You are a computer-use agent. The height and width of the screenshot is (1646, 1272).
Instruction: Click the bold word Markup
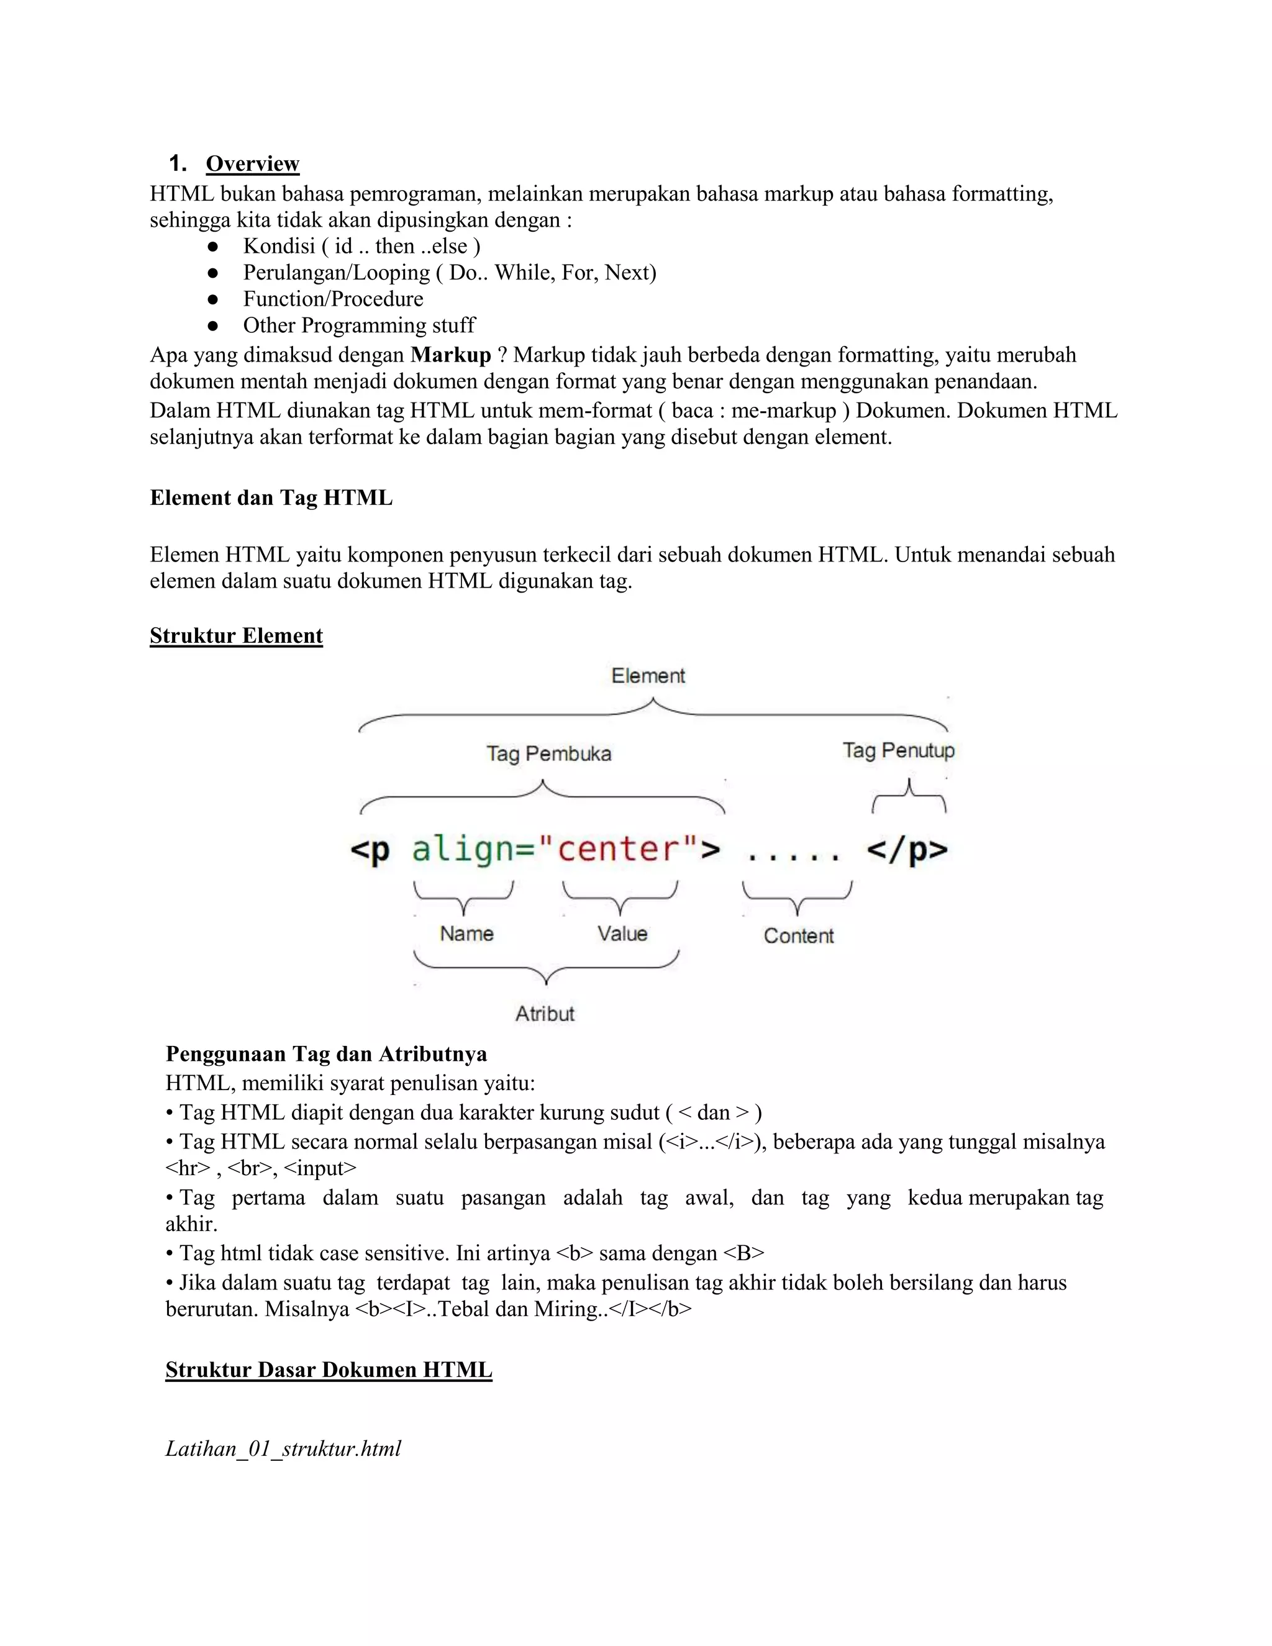tap(451, 355)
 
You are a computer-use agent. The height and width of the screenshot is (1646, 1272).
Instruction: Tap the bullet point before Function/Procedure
tap(212, 299)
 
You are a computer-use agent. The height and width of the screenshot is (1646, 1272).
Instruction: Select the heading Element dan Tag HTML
tap(271, 498)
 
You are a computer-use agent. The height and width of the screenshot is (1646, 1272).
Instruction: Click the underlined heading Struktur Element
tap(236, 636)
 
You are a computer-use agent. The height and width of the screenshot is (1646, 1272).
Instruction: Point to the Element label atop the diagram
tap(648, 676)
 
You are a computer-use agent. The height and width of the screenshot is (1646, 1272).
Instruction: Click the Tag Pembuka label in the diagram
tap(548, 753)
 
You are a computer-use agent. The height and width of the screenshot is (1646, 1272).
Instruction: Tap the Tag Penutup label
tap(898, 751)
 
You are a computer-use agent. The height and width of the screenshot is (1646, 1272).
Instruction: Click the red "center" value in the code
tap(618, 849)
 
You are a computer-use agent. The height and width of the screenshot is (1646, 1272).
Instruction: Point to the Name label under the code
tap(466, 934)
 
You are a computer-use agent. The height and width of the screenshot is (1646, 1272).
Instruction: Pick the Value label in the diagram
tap(622, 934)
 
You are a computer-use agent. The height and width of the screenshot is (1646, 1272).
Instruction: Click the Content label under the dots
tap(799, 936)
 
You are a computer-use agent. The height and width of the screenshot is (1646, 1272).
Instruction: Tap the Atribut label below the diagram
tap(545, 1014)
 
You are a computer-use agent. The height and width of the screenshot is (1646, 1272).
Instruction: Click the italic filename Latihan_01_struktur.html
tap(283, 1448)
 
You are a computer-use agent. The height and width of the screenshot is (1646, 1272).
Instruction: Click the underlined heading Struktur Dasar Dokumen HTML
tap(329, 1370)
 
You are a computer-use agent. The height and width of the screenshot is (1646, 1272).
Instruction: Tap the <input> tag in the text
tap(320, 1169)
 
